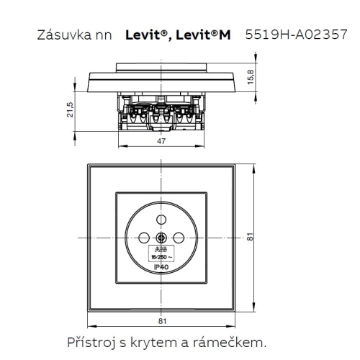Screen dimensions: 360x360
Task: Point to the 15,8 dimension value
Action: [x=249, y=76]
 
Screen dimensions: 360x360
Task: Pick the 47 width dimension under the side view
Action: [x=161, y=142]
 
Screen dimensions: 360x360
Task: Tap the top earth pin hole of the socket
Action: [x=161, y=220]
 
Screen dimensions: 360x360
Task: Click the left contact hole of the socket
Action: [x=144, y=238]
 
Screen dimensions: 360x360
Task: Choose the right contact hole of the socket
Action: [x=179, y=238]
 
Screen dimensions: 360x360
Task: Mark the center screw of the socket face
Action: [x=161, y=238]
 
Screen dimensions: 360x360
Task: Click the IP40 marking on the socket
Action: [x=161, y=267]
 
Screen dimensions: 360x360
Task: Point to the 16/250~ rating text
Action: [x=161, y=256]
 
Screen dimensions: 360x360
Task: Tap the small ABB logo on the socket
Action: [x=161, y=250]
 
